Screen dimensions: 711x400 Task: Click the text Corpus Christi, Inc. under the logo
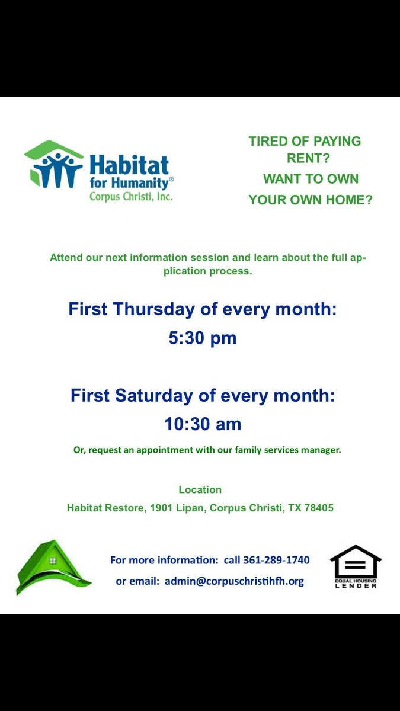pyautogui.click(x=131, y=196)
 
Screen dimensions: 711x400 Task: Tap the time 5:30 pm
pyautogui.click(x=203, y=338)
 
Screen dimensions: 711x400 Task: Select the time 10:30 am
pyautogui.click(x=203, y=424)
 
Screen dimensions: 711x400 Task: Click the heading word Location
pyautogui.click(x=200, y=489)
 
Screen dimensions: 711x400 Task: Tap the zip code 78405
pyautogui.click(x=319, y=508)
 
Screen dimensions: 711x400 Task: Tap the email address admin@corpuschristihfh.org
pyautogui.click(x=234, y=581)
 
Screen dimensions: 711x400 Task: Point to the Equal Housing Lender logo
pyautogui.click(x=356, y=566)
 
